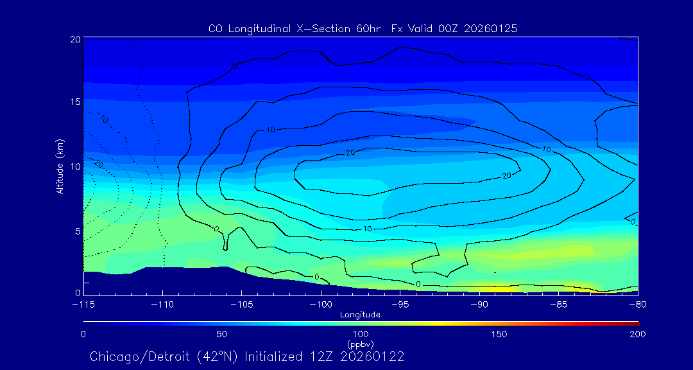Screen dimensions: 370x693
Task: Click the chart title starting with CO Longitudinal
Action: pyautogui.click(x=363, y=29)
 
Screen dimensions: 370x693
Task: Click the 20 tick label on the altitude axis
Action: pyautogui.click(x=74, y=39)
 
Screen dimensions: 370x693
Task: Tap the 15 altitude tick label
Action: pyautogui.click(x=74, y=103)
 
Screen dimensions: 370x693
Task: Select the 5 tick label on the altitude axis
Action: pyautogui.click(x=77, y=231)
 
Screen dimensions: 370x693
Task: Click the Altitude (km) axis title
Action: pyautogui.click(x=60, y=166)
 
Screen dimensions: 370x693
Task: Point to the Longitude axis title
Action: pyautogui.click(x=360, y=315)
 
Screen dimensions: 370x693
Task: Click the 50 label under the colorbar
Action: pyautogui.click(x=221, y=334)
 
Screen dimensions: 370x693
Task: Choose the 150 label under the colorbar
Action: pyautogui.click(x=499, y=334)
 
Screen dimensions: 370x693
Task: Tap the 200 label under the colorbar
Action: pyautogui.click(x=637, y=334)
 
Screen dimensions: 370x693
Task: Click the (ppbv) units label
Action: pyautogui.click(x=360, y=344)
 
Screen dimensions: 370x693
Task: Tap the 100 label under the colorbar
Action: pyautogui.click(x=360, y=334)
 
